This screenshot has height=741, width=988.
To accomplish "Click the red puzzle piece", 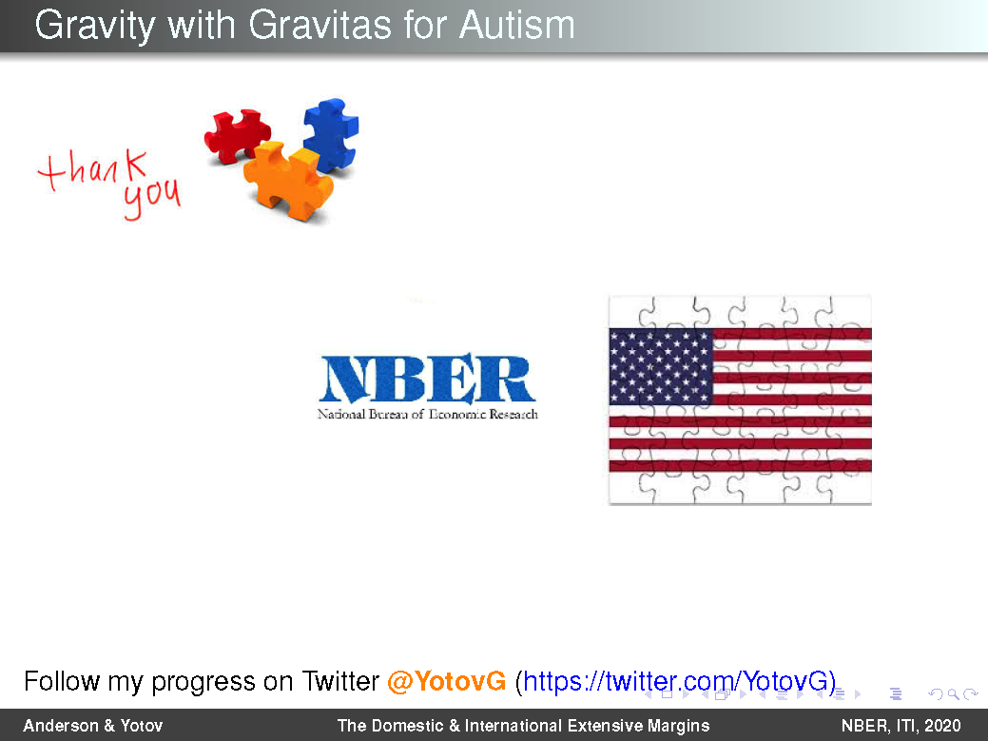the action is (236, 135).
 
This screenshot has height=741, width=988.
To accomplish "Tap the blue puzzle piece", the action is (332, 134).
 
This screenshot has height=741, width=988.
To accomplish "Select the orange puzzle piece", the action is (288, 180).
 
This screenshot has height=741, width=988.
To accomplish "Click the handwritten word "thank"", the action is (92, 169).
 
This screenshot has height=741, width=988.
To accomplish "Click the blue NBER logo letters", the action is (427, 378).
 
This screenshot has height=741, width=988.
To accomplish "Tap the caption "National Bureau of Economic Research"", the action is (427, 414).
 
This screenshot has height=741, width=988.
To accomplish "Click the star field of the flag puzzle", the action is (660, 366).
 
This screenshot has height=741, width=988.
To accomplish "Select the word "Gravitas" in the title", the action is (320, 25).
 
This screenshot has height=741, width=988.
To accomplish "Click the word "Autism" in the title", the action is (516, 25).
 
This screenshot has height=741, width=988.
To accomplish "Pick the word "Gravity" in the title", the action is (95, 27).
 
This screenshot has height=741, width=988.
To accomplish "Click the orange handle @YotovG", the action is (446, 681).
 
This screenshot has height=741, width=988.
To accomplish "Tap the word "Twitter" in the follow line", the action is (340, 681).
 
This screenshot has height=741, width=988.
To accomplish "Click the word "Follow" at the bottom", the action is (62, 681).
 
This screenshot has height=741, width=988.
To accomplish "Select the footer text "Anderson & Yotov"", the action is (93, 726).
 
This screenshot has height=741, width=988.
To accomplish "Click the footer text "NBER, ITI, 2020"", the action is (901, 726).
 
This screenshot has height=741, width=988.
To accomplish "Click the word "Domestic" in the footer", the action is (407, 726).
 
